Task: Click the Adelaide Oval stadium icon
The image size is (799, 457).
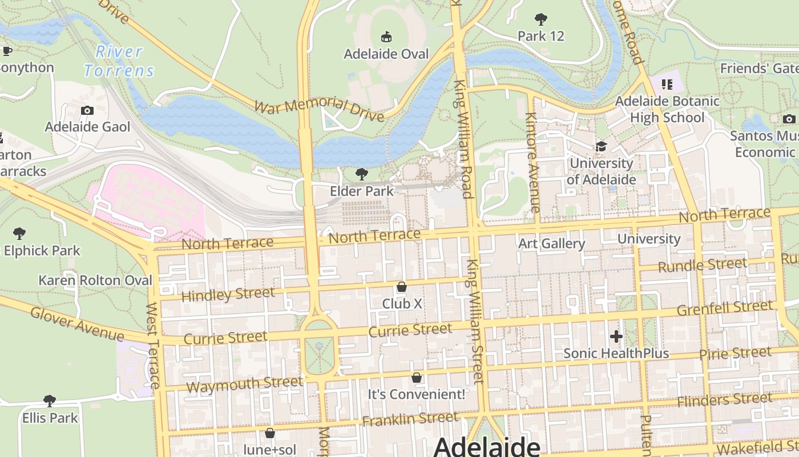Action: pos(386,37)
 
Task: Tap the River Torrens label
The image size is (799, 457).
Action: pos(119,61)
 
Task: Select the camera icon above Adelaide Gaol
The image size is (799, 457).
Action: pos(87,110)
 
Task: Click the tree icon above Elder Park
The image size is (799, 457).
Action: pos(361,174)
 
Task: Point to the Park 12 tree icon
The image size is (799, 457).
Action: pos(540,19)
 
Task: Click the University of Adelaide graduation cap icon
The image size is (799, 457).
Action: pos(601,147)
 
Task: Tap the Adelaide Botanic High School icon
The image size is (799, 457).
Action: pos(667,85)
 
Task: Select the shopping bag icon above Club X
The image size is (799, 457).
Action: pos(402,287)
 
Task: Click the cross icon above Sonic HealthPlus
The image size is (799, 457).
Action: pos(616,336)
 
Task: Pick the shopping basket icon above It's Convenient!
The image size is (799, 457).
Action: pos(417,378)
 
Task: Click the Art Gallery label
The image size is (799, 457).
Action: pos(551,244)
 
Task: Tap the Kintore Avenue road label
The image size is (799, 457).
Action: pos(532,163)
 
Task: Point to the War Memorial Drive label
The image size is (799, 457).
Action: pos(319,110)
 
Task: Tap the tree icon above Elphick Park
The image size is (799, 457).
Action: pos(19,234)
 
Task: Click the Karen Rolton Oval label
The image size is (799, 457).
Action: pos(95,280)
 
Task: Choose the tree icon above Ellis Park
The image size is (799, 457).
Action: pos(50,401)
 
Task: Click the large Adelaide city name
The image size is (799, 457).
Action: pos(487,447)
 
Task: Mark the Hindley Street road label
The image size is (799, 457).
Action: pos(228,294)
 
